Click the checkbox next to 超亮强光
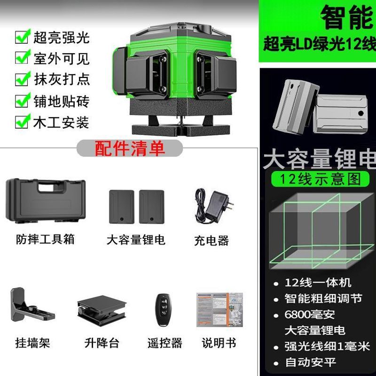pyautogui.click(x=23, y=37)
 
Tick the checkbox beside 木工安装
pyautogui.click(x=23, y=122)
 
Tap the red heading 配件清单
pyautogui.click(x=130, y=149)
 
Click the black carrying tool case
pyautogui.click(x=46, y=201)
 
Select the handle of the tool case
pyautogui.click(x=52, y=186)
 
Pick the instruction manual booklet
pyautogui.click(x=219, y=310)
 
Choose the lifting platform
pyautogui.click(x=102, y=310)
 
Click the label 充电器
pyautogui.click(x=211, y=240)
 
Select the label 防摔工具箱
pyautogui.click(x=45, y=239)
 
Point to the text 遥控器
pyautogui.click(x=165, y=343)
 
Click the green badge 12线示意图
pyautogui.click(x=320, y=179)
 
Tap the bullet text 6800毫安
pyautogui.click(x=310, y=314)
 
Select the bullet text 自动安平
pyautogui.click(x=311, y=362)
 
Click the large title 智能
pyautogui.click(x=347, y=17)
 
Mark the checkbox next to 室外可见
pyautogui.click(x=23, y=57)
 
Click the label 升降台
pyautogui.click(x=102, y=343)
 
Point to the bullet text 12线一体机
pyautogui.click(x=318, y=283)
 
